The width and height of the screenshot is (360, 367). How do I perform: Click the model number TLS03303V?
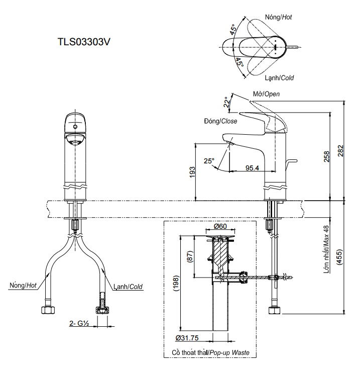[84, 42]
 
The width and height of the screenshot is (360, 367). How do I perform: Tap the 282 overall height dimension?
[341, 150]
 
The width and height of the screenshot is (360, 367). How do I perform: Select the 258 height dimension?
[326, 157]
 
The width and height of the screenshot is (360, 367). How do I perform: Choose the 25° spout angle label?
[209, 161]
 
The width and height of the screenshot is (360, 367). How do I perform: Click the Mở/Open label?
[266, 94]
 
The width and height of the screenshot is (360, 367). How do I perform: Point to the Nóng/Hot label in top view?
[279, 17]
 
